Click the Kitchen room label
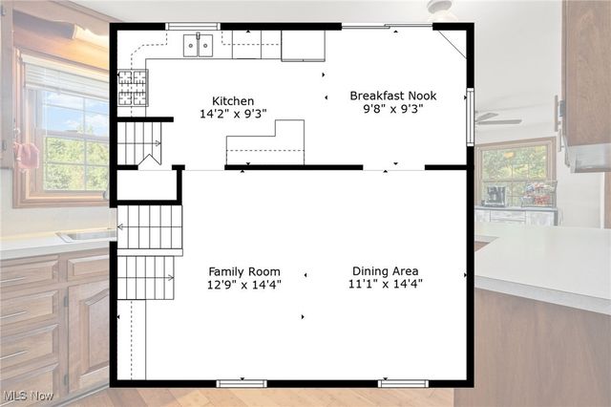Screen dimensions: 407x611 pyautogui.click(x=233, y=100)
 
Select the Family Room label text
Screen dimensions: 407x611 pyautogui.click(x=244, y=270)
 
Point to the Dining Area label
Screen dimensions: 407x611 pyautogui.click(x=385, y=270)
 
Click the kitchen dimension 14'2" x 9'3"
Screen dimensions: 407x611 pyautogui.click(x=233, y=114)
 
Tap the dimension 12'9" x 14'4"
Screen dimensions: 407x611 pyautogui.click(x=244, y=284)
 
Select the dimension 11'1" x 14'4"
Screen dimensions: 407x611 pyautogui.click(x=386, y=284)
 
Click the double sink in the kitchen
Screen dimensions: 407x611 pyautogui.click(x=199, y=45)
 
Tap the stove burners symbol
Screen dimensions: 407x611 pyautogui.click(x=133, y=87)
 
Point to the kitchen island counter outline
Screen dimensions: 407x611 pyautogui.click(x=265, y=144)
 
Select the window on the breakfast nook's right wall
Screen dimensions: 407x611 pyautogui.click(x=470, y=117)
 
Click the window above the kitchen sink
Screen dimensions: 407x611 pyautogui.click(x=193, y=26)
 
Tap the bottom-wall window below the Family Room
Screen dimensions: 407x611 pyautogui.click(x=242, y=383)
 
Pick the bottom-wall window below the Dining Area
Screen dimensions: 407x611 pyautogui.click(x=403, y=383)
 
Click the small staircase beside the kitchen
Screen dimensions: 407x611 pyautogui.click(x=139, y=143)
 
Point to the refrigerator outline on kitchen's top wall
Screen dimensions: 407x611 pyautogui.click(x=303, y=45)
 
